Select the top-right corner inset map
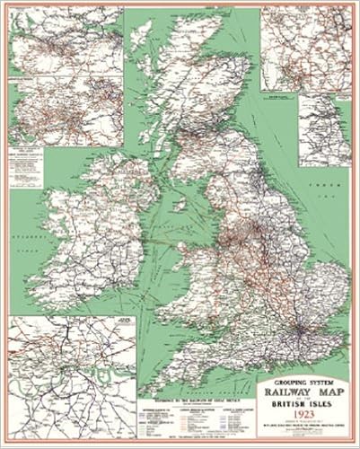pyautogui.click(x=305, y=49)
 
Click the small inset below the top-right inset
pyautogui.click(x=324, y=130)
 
